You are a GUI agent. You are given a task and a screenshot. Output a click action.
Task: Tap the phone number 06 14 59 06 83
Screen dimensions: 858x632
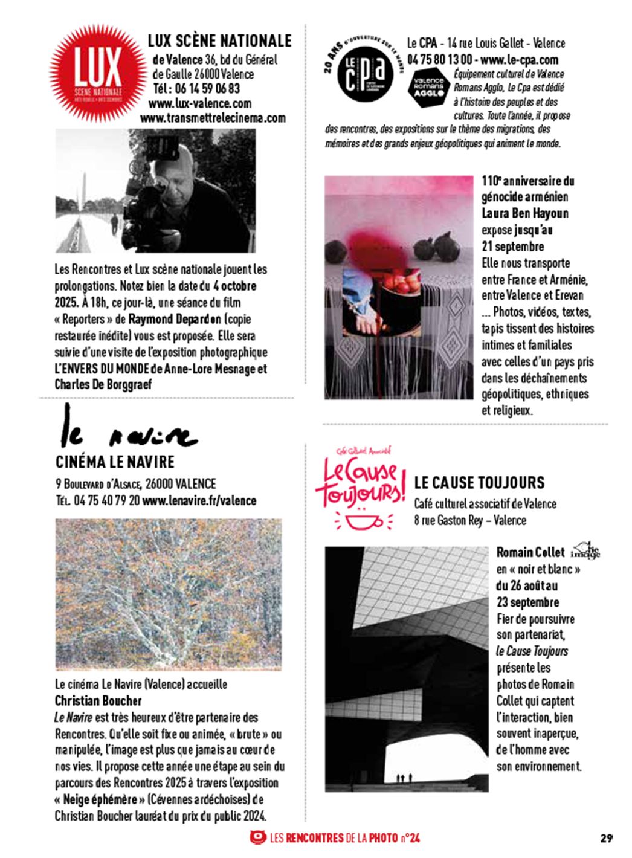(196, 89)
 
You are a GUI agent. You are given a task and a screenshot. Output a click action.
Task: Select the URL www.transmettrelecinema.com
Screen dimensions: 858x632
(213, 118)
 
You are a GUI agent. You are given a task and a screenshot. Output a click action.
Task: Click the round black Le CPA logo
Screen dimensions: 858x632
(363, 72)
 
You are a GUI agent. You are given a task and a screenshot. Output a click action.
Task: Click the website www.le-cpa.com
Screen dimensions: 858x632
(520, 60)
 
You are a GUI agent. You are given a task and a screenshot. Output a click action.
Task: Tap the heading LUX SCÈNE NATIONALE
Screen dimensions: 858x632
(219, 41)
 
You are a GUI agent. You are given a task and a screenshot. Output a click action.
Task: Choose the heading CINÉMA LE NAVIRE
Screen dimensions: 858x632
(115, 462)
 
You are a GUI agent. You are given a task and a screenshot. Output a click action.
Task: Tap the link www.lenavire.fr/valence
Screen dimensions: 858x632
(199, 501)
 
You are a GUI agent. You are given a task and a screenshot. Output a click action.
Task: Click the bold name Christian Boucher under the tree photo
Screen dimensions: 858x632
(98, 701)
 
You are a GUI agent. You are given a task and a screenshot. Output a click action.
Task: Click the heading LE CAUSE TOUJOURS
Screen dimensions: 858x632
(479, 483)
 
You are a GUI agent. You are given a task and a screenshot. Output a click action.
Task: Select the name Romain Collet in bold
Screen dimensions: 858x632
(530, 552)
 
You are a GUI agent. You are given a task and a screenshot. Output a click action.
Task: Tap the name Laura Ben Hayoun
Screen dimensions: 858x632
(524, 213)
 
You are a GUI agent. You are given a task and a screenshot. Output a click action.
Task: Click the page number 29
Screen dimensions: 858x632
(607, 838)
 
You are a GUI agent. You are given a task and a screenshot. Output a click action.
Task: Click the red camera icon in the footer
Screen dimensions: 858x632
(257, 837)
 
